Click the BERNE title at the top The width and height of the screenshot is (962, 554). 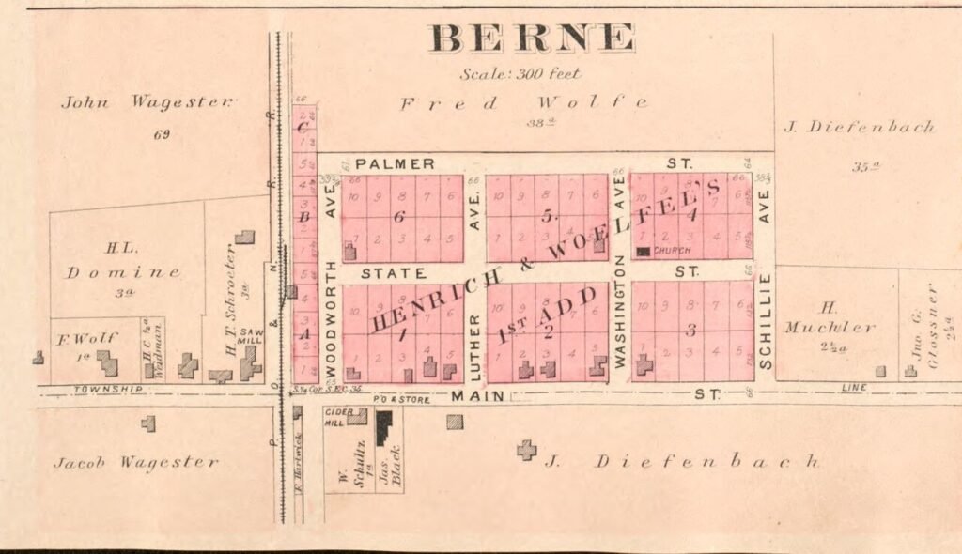(x=532, y=38)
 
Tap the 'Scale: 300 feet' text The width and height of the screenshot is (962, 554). (x=520, y=73)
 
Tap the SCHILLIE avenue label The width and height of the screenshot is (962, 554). (x=765, y=320)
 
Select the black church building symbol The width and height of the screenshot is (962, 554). (x=644, y=252)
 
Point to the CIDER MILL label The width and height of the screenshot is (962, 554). (x=337, y=416)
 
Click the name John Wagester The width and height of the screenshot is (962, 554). (x=147, y=101)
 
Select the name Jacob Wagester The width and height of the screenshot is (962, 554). (x=136, y=462)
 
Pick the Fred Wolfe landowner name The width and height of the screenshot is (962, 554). (x=523, y=102)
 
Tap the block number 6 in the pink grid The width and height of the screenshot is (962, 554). (x=397, y=216)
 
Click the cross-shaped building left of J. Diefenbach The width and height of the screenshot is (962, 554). (x=527, y=450)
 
